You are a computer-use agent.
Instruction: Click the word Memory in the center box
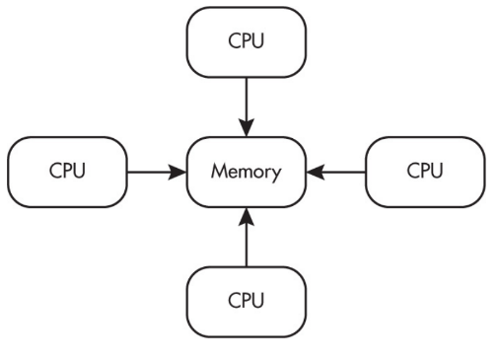(x=247, y=172)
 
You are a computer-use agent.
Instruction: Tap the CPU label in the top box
(x=247, y=40)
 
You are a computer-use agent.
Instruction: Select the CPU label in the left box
(x=67, y=171)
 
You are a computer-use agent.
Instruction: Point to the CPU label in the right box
(x=425, y=171)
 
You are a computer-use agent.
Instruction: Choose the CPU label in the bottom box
(x=247, y=300)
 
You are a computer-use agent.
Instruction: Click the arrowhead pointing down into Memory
(x=247, y=128)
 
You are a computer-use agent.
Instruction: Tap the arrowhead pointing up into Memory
(x=247, y=216)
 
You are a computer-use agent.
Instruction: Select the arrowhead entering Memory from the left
(x=177, y=172)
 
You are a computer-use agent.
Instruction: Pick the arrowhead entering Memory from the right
(x=316, y=172)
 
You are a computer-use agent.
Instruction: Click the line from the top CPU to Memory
(x=247, y=108)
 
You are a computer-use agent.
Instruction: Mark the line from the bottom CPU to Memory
(x=247, y=238)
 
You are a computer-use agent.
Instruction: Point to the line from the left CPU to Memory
(x=157, y=172)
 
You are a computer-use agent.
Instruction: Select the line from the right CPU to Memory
(x=336, y=172)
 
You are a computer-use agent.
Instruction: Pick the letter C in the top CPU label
(x=235, y=40)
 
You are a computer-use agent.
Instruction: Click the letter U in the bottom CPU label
(x=258, y=301)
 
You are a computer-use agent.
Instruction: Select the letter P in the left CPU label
(x=69, y=171)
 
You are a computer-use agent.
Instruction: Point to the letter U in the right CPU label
(x=437, y=171)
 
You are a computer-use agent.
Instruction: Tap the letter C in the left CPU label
(x=55, y=171)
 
